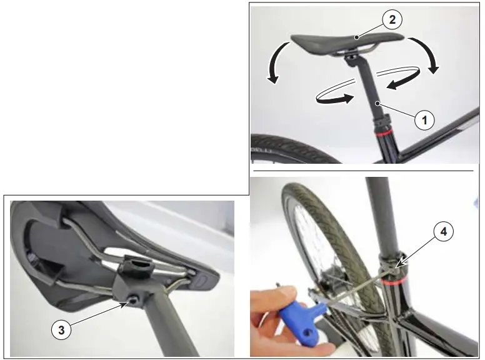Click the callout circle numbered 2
392,21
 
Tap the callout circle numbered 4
443,232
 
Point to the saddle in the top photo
337,44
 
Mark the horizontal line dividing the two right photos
362,170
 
